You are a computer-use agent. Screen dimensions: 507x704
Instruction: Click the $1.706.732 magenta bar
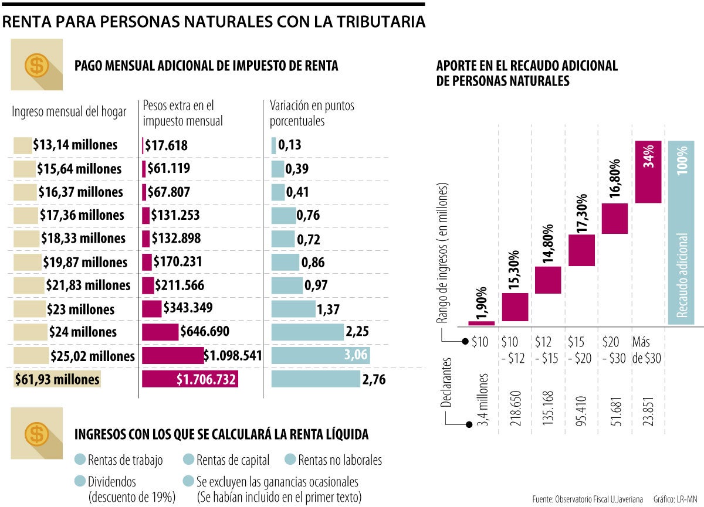(189, 379)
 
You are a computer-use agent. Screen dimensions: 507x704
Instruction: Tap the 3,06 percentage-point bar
(320, 355)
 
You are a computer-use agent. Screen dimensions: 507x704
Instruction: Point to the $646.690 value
(205, 332)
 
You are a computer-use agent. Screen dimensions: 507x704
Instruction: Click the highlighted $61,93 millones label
(57, 379)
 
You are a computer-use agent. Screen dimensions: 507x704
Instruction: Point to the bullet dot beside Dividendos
(81, 482)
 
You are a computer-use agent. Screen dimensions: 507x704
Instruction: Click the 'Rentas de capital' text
(233, 460)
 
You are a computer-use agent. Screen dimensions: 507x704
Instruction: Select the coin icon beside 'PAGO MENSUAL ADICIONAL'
(37, 64)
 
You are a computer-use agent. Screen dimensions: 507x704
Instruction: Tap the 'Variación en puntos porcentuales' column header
(312, 114)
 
